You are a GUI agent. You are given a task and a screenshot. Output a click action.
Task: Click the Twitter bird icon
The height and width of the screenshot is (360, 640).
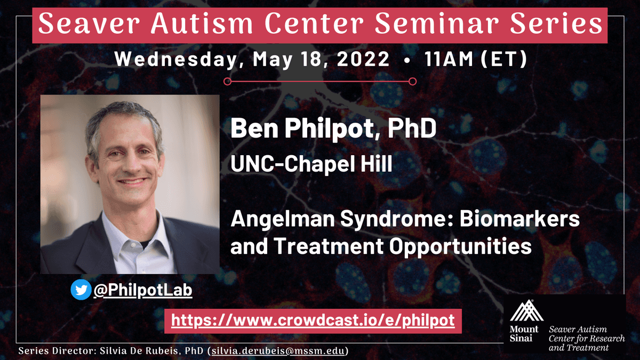(81, 290)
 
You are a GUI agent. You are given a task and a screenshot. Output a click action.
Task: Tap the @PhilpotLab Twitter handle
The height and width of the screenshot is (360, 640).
(143, 290)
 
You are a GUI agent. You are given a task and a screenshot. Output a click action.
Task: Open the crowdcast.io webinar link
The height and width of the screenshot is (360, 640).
(313, 321)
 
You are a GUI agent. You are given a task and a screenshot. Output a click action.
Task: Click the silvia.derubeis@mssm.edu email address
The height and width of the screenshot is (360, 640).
(278, 350)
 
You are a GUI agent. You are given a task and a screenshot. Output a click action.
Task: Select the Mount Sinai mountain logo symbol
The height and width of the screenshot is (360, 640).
(526, 310)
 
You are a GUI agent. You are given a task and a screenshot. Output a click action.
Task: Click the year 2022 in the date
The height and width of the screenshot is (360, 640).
(363, 59)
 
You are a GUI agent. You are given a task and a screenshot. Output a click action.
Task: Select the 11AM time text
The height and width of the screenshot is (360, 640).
(449, 59)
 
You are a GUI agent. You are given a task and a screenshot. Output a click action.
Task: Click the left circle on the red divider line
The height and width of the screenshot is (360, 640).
(227, 82)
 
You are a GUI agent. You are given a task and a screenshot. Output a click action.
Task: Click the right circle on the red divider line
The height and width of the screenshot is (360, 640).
(413, 82)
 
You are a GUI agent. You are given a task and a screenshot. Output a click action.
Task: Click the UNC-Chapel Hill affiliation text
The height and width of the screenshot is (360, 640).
(311, 164)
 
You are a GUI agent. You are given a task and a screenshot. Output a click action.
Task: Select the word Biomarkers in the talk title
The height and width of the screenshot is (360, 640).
(519, 219)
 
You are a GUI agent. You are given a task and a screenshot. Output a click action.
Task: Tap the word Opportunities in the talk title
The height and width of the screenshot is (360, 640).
(460, 246)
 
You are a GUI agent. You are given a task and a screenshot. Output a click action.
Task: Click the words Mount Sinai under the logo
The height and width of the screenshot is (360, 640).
(524, 334)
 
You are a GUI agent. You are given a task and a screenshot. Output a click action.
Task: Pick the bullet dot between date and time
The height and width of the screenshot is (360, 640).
(407, 60)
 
